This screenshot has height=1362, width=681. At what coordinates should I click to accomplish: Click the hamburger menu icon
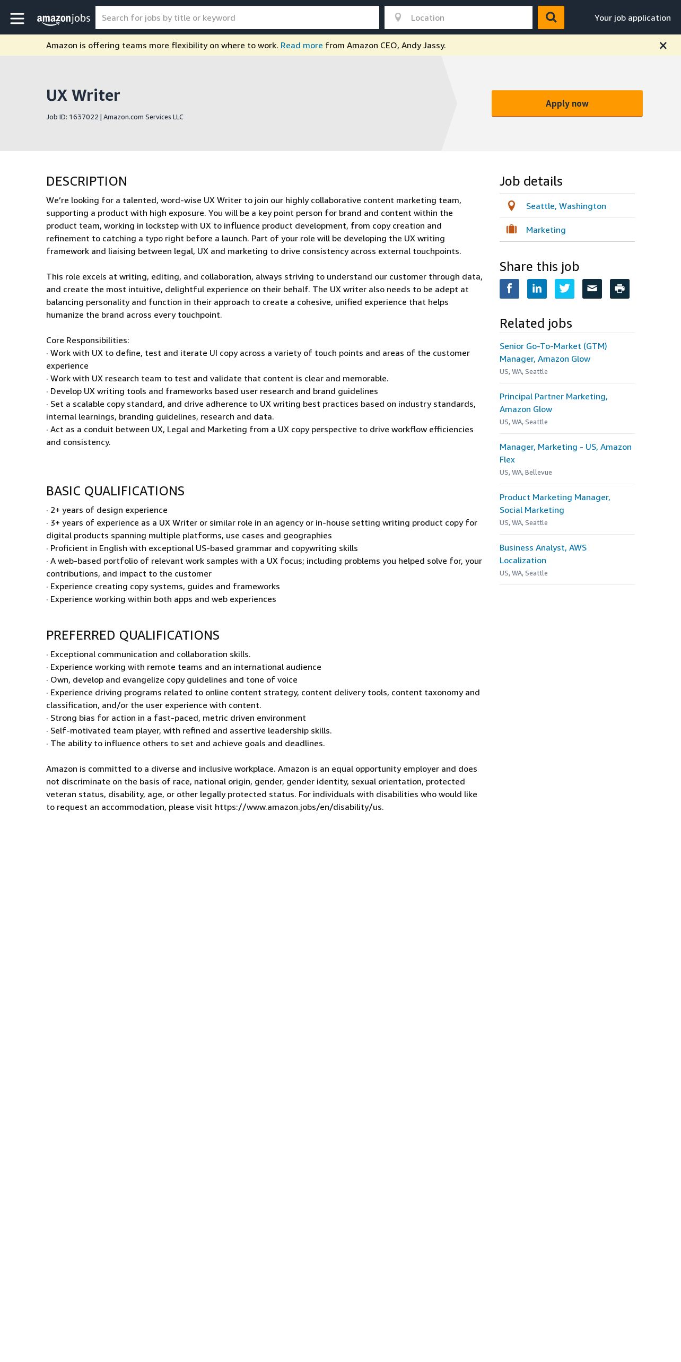click(x=17, y=18)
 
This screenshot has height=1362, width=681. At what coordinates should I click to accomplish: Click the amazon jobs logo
click(x=64, y=19)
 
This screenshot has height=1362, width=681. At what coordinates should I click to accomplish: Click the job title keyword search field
click(x=237, y=18)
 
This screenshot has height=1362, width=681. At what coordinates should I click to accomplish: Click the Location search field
click(x=467, y=18)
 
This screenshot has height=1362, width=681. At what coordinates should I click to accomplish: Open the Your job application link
click(x=632, y=18)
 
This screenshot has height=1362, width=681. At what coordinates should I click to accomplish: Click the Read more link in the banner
click(x=301, y=46)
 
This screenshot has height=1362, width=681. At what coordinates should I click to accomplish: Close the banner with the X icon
click(x=663, y=46)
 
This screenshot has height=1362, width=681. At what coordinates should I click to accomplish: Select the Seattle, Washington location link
click(x=565, y=206)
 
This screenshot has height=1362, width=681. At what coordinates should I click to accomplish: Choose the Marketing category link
click(x=545, y=230)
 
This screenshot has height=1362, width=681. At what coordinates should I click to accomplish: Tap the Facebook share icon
click(x=509, y=289)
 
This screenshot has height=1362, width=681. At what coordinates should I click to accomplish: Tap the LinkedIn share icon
click(x=537, y=289)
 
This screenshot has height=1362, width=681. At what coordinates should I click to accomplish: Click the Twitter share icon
click(x=564, y=289)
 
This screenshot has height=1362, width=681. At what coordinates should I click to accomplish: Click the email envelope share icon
click(x=592, y=289)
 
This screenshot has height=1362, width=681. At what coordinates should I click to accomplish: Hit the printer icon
click(x=619, y=289)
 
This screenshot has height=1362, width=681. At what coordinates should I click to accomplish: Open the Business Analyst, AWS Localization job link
click(x=543, y=554)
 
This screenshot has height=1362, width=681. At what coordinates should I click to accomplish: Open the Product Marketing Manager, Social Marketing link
click(x=554, y=503)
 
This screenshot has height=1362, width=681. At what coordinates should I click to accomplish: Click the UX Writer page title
click(x=83, y=95)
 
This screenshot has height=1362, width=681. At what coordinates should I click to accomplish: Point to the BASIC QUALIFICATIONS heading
click(x=115, y=491)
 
